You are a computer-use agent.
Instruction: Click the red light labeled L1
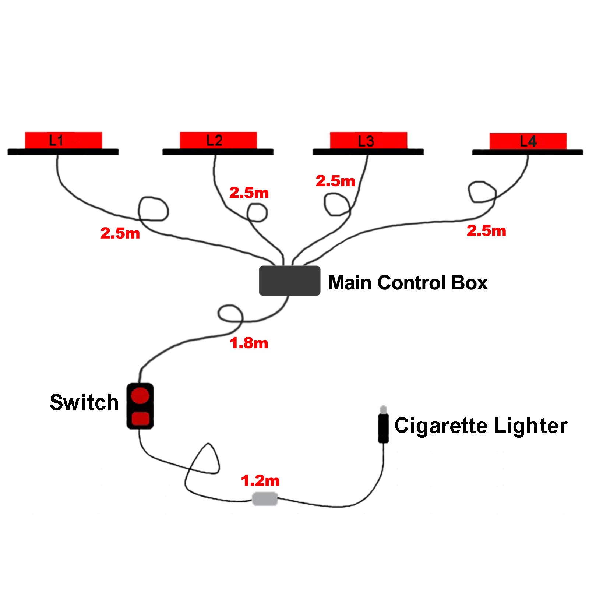click(63, 140)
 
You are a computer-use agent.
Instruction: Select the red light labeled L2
click(218, 140)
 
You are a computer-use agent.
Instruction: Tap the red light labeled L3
click(368, 140)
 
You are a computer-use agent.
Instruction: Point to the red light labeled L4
click(528, 141)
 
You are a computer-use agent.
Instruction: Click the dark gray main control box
click(289, 281)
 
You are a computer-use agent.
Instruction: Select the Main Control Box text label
click(408, 283)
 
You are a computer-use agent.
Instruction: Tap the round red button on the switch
click(140, 395)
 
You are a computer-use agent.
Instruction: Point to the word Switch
click(84, 402)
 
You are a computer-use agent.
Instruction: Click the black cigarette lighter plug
click(383, 428)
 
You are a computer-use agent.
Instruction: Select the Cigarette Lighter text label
click(480, 426)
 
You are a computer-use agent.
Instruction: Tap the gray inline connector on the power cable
click(265, 499)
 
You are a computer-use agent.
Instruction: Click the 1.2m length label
click(260, 481)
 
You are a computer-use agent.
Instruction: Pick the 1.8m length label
click(249, 343)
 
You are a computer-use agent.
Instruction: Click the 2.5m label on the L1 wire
click(120, 233)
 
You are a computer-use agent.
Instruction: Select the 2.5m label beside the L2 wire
click(249, 193)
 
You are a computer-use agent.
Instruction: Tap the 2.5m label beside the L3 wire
click(335, 181)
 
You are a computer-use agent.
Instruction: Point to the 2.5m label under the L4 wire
click(486, 231)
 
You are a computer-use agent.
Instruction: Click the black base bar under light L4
click(528, 152)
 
